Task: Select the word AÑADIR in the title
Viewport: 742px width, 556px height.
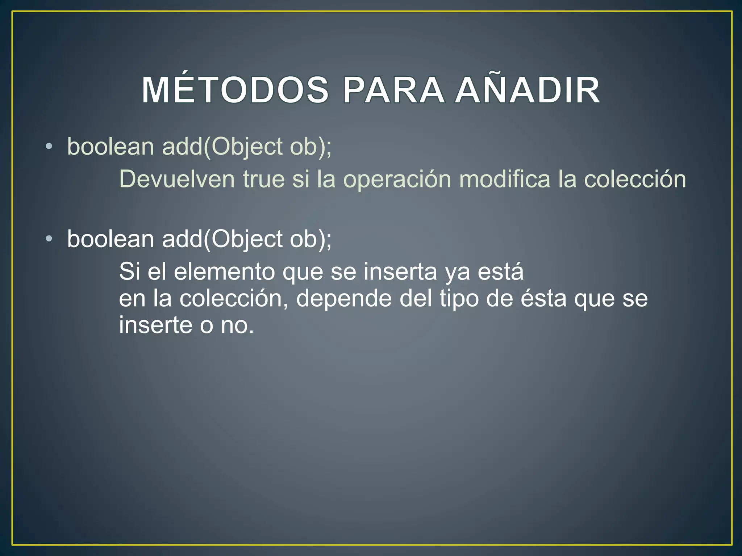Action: [x=528, y=90]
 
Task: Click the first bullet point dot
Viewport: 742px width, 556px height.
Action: [x=49, y=147]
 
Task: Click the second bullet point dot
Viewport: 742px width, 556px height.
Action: [x=49, y=239]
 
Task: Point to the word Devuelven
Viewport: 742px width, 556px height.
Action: [x=177, y=179]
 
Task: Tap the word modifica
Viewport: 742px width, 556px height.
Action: [x=505, y=179]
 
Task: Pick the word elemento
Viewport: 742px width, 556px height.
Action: [x=224, y=272]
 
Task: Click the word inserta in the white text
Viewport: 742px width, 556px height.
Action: [x=400, y=272]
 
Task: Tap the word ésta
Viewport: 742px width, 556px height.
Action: [x=543, y=299]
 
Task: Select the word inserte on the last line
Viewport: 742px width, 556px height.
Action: [x=156, y=325]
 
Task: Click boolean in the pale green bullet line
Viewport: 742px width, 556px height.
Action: [x=111, y=147]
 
